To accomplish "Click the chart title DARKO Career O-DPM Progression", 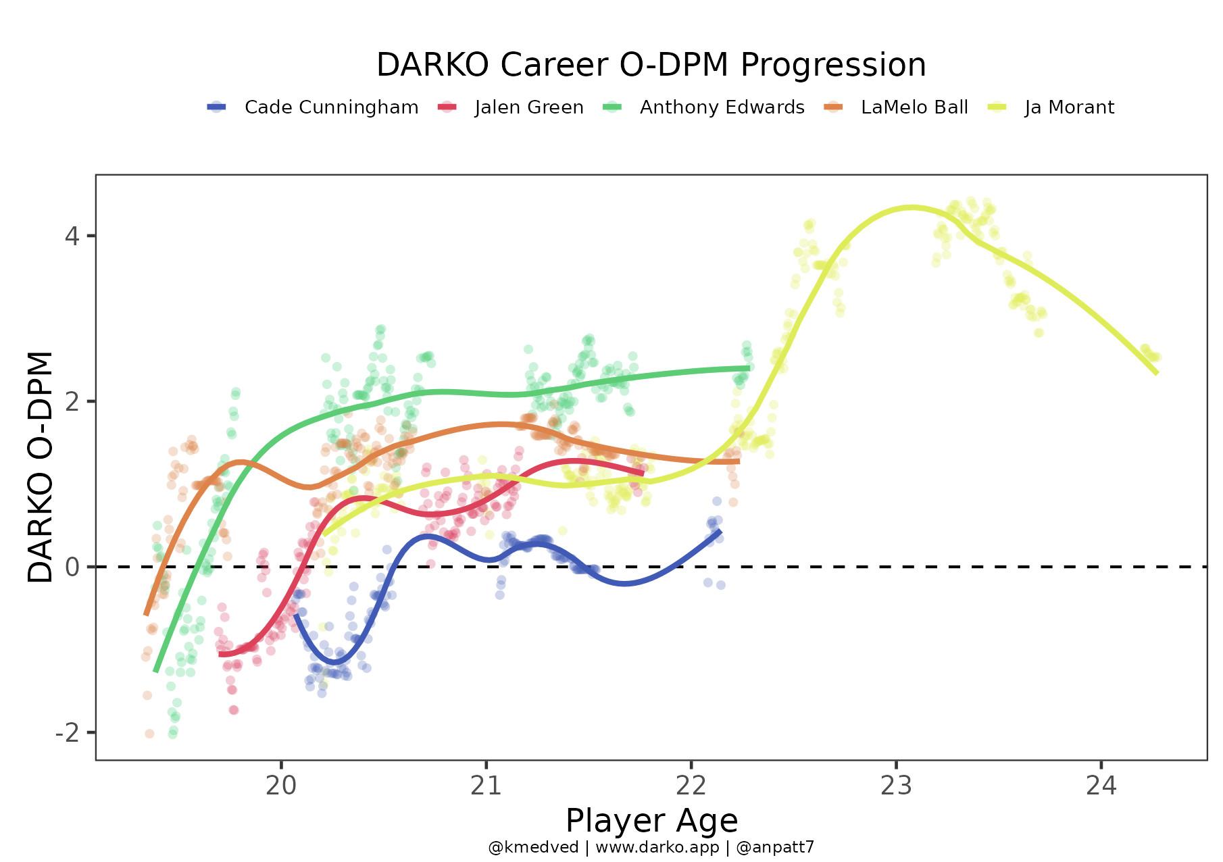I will pos(651,66).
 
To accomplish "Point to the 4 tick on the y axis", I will pos(72,236).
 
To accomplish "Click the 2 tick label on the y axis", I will pos(72,401).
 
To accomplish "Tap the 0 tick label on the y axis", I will pos(72,567).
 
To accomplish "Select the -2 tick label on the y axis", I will pos(67,732).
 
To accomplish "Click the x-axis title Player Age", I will pos(651,821).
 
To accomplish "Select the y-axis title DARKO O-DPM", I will pos(41,467).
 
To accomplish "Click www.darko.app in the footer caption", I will pos(657,847).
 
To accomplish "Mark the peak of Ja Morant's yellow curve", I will pos(912,207).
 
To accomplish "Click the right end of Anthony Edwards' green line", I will pos(749,368).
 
